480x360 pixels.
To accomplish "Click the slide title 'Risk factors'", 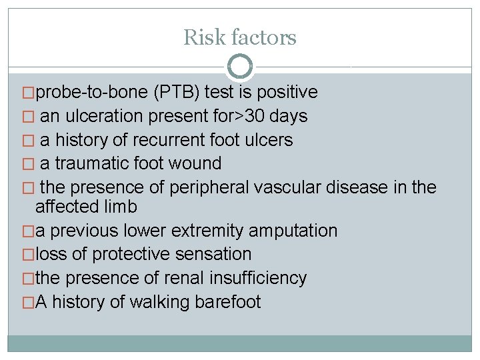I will point(240,37).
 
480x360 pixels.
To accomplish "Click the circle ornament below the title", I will point(240,67).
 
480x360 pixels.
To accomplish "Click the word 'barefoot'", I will point(227,302).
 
